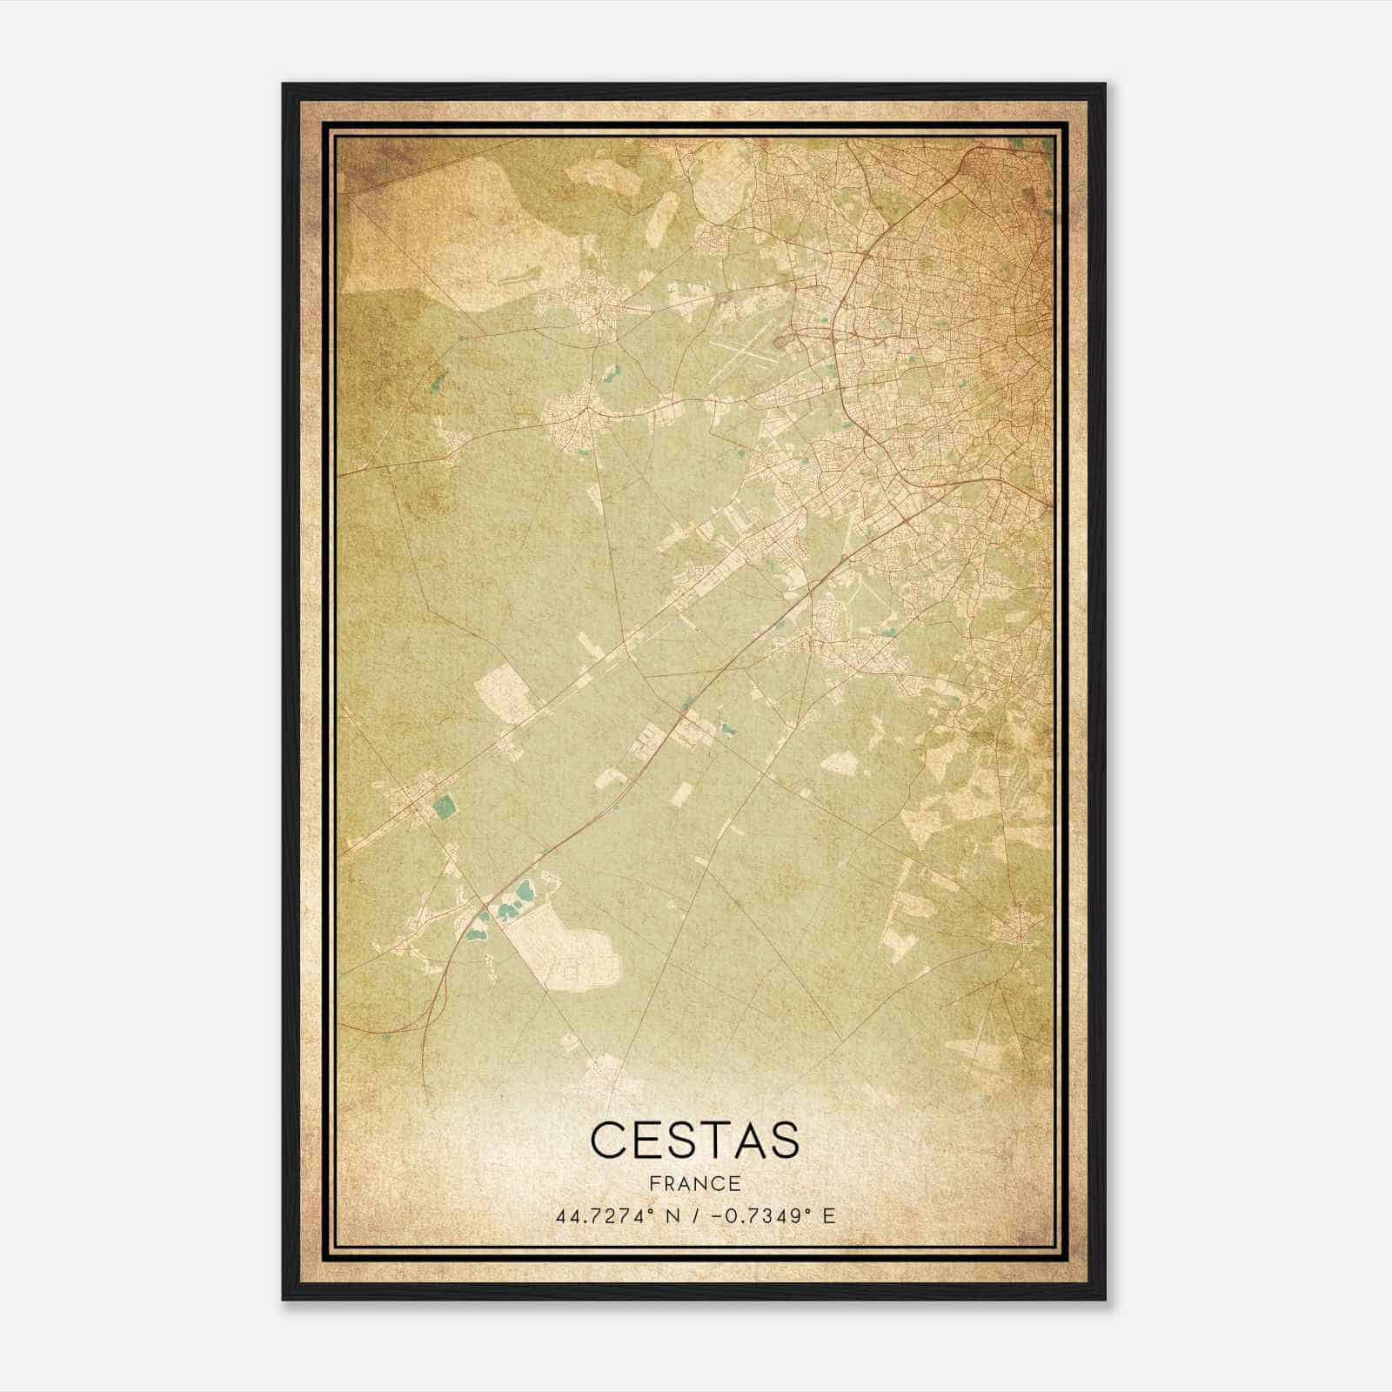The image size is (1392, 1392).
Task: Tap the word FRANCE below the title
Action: [x=694, y=1184]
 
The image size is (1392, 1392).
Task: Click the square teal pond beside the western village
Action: [x=444, y=806]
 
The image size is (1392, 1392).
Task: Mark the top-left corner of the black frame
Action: [x=284, y=84]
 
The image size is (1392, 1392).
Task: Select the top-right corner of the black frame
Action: [x=1105, y=84]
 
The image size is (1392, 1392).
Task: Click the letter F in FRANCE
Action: [x=652, y=1184]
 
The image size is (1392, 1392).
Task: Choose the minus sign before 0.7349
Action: [x=716, y=1216]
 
